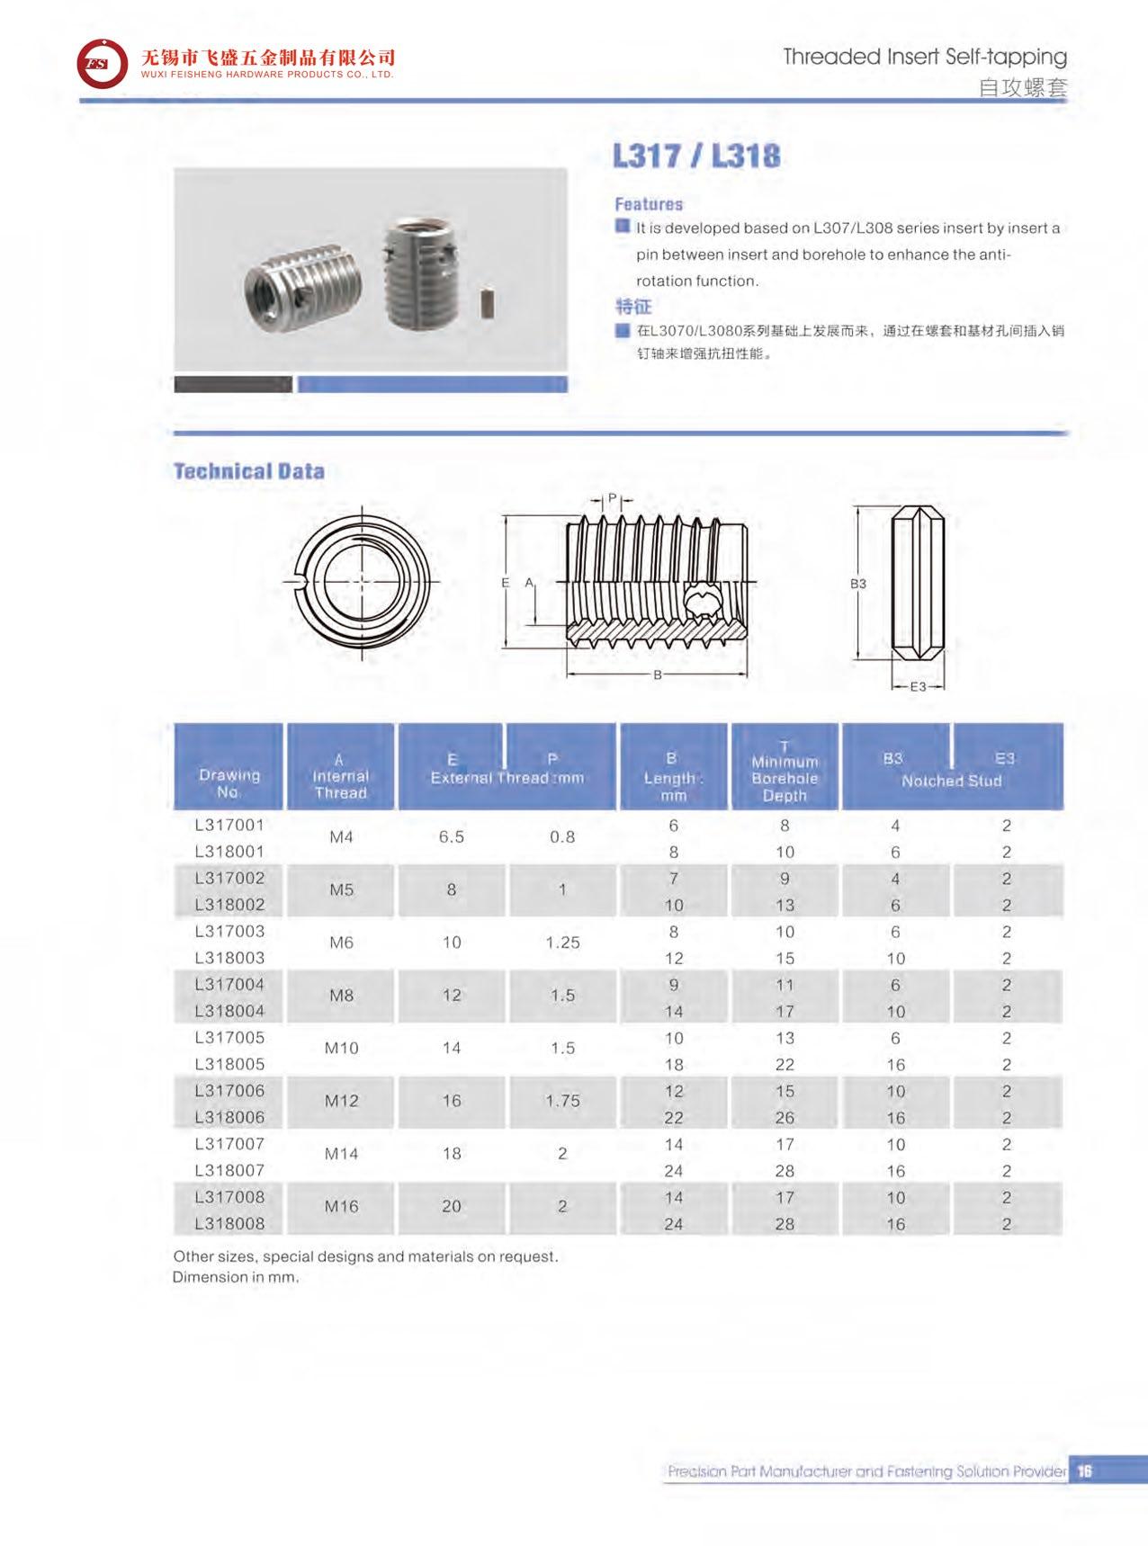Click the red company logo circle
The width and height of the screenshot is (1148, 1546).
(102, 64)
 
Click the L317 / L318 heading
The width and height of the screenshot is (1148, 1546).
(696, 156)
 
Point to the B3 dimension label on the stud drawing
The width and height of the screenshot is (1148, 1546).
(858, 584)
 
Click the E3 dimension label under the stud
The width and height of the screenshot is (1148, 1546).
(918, 686)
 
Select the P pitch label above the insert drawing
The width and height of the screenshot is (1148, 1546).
(612, 498)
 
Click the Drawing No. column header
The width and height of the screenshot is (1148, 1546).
(229, 783)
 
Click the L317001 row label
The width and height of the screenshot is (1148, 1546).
(229, 825)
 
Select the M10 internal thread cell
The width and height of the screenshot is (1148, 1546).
(341, 1049)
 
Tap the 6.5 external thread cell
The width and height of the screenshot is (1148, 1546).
(452, 837)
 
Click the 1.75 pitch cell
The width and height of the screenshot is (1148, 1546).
(562, 1101)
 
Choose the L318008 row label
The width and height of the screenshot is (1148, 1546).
(229, 1224)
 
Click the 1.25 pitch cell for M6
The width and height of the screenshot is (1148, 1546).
(562, 943)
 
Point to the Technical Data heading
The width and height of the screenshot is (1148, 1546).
(248, 471)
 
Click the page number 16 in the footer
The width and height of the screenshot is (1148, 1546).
(1084, 1471)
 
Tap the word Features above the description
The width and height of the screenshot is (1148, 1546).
(649, 204)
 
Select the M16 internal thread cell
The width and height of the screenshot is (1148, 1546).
(341, 1207)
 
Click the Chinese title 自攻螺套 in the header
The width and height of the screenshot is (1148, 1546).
(1022, 87)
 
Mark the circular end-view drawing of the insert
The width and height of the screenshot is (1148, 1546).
(363, 582)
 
